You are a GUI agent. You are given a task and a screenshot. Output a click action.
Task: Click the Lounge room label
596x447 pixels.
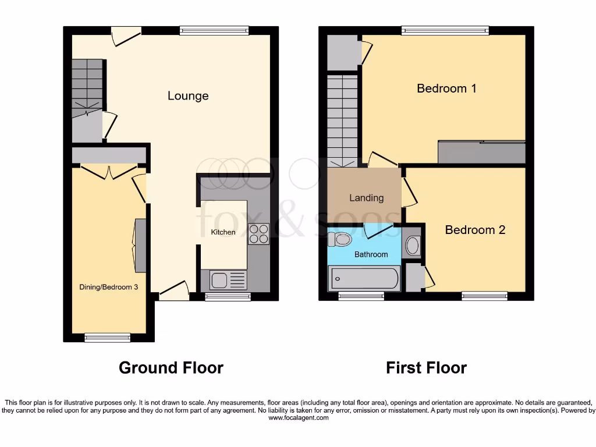[x=188, y=96]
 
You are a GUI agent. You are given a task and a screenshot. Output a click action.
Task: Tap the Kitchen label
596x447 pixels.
[x=223, y=232]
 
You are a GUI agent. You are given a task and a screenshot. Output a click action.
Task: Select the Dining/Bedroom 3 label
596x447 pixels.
[x=109, y=287]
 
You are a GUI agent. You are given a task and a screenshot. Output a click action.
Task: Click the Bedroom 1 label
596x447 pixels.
[x=446, y=88]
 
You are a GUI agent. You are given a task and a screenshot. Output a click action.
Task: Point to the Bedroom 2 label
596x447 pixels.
[x=475, y=230]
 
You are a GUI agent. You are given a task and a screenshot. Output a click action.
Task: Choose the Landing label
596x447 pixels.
[x=366, y=198]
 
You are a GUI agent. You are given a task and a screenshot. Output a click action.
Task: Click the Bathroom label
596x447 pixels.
[x=371, y=254]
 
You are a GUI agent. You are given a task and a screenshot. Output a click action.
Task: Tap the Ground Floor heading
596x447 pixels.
[x=171, y=368]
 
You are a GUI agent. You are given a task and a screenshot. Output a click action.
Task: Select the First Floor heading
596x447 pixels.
[x=426, y=368]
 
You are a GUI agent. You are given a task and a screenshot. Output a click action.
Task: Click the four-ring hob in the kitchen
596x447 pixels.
[x=258, y=233]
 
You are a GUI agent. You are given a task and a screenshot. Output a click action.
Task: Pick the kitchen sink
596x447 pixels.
[x=220, y=281]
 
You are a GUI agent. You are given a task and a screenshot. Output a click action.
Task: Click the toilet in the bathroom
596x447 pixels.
[x=340, y=239]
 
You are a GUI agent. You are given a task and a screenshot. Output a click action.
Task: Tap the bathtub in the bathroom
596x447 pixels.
[x=364, y=278]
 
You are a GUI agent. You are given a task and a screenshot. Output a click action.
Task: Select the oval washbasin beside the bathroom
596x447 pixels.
[x=412, y=246]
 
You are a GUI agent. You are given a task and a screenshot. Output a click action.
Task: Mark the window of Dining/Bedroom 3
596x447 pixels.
[x=107, y=337]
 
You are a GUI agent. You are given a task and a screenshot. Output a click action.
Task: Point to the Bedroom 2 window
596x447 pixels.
[x=484, y=296]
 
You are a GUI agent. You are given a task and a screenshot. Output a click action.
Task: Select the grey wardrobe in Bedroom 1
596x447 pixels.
[x=481, y=152]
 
